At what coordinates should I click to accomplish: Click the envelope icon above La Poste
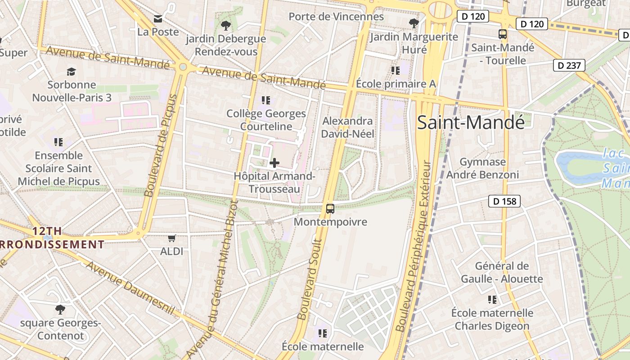pos(158,19)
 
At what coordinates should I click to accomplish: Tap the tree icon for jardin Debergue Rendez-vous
pos(225,25)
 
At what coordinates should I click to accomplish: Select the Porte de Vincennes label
pos(336,17)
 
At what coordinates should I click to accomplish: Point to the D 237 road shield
pos(569,65)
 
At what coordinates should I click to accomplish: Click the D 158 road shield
pos(504,201)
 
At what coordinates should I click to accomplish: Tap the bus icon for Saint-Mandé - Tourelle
pos(503,34)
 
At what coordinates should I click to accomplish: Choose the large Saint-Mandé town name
pos(471,122)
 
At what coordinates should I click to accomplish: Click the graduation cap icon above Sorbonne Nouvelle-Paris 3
pos(71,72)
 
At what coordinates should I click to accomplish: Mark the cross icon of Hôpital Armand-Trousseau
pos(274,163)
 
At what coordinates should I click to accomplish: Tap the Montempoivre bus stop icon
pos(330,209)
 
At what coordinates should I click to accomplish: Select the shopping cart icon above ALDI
pos(171,238)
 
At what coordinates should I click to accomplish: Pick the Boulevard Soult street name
pos(310,279)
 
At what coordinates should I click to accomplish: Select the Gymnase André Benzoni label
pos(483,168)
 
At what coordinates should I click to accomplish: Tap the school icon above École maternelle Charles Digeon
pos(492,299)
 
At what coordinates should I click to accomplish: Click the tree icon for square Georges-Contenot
pos(60,310)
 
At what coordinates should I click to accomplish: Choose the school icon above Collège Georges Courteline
pos(266,100)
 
